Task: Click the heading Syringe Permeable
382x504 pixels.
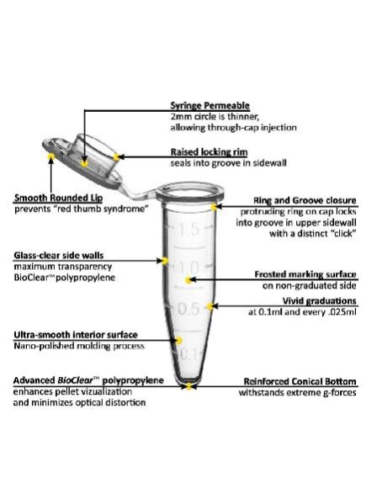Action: pos(210,105)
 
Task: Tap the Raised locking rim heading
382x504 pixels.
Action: pos(209,151)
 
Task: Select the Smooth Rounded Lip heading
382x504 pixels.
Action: pos(58,198)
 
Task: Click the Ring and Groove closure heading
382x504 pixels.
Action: pos(305,200)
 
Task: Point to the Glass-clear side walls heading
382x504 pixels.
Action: pos(59,256)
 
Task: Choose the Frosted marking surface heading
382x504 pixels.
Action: pos(305,274)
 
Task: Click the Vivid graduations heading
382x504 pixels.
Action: pos(319,301)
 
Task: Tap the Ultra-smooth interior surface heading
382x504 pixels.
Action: pos(76,335)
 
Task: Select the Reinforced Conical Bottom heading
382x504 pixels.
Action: pos(300,381)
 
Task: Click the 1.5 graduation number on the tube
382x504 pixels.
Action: pos(189,230)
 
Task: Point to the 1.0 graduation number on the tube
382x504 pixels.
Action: pos(188,268)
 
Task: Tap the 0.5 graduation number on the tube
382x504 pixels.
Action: pos(188,309)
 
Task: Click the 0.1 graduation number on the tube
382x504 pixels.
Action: pos(188,354)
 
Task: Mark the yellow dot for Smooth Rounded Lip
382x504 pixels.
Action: pos(50,157)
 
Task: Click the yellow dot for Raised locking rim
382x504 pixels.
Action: pos(117,157)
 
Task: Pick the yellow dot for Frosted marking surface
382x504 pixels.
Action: pos(188,280)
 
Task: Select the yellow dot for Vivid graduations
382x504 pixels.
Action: pos(210,306)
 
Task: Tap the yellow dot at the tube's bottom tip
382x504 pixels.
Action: pos(188,386)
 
